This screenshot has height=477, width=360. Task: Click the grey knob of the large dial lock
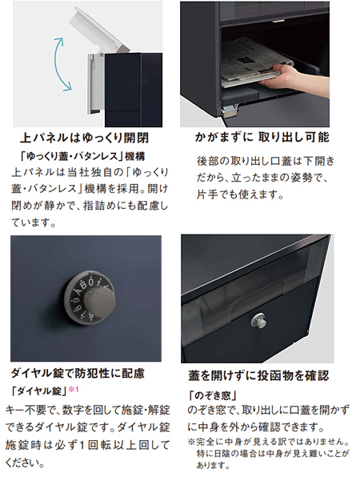pos(101,300)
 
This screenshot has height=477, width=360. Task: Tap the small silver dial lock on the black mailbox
pos(258,321)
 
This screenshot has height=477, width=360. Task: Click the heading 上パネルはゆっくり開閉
pos(84,138)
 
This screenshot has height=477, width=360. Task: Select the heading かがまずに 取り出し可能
pos(262,137)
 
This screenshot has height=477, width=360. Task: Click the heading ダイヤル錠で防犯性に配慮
pos(78,373)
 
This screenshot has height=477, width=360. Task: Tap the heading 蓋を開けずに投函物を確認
pos(258,375)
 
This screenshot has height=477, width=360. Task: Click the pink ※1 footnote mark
pos(74,390)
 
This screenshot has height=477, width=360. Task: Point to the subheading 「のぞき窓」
pos(212,395)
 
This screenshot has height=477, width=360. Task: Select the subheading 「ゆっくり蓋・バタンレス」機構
pos(82,156)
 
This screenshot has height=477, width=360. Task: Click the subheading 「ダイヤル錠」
pos(38,391)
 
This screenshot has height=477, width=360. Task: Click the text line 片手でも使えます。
pos(240,194)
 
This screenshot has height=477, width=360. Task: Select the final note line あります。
pos(212,466)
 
